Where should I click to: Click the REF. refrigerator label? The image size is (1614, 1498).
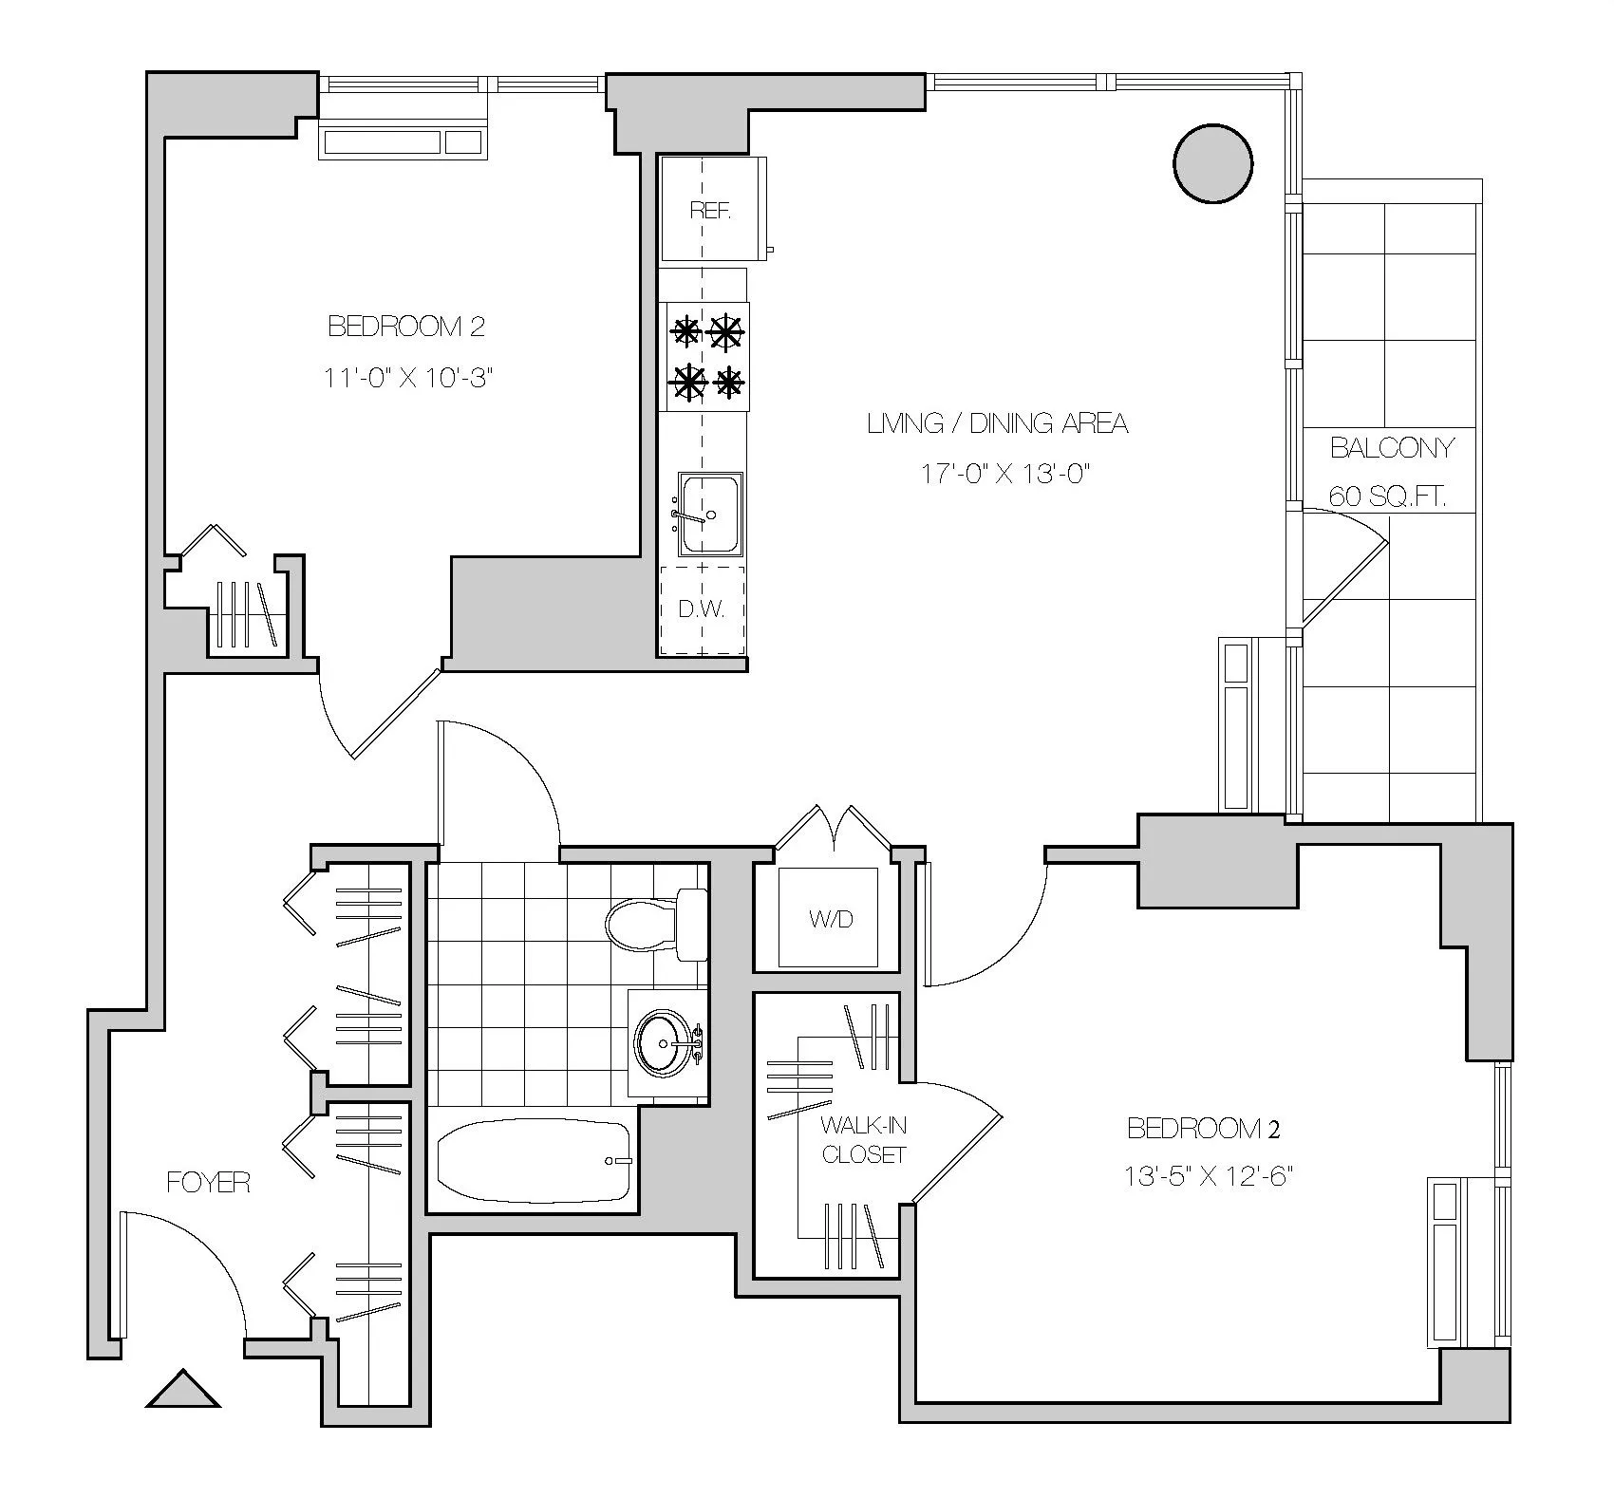[710, 211]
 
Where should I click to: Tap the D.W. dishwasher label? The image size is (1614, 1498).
[702, 609]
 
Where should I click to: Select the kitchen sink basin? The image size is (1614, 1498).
[710, 513]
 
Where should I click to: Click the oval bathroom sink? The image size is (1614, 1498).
[666, 1043]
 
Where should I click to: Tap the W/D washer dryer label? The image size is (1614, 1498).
[831, 919]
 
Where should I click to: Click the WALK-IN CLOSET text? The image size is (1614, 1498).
[864, 1140]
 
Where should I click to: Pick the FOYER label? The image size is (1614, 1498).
[208, 1182]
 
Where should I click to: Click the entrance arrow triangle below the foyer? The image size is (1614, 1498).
[183, 1389]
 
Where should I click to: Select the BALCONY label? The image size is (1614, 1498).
[1392, 447]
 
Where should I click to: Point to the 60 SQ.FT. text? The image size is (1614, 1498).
[1387, 496]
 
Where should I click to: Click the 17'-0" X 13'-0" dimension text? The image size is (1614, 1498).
[1004, 474]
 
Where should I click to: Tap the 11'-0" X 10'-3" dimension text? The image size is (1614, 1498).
[409, 377]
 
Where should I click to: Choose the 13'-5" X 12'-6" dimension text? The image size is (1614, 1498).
[1210, 1177]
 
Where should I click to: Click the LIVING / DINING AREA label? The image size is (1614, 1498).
[997, 423]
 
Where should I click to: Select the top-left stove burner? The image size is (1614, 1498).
[685, 332]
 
